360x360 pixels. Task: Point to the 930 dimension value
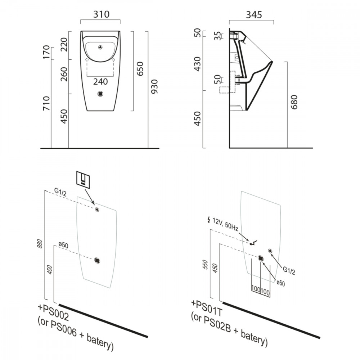[154, 96]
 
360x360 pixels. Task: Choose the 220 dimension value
[64, 45]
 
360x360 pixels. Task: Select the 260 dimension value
[64, 75]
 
